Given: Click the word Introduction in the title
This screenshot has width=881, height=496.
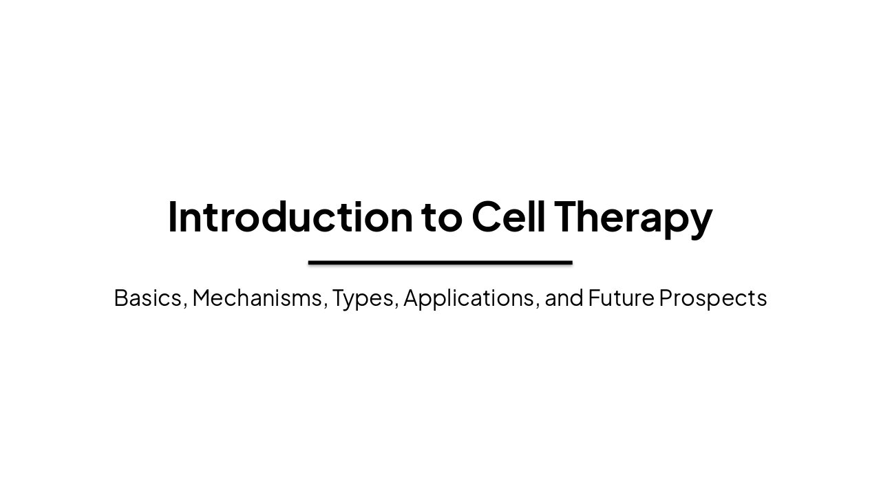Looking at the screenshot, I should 290,216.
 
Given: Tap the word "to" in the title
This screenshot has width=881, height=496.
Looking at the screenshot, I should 442,216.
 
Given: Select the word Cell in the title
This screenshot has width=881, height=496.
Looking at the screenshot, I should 509,216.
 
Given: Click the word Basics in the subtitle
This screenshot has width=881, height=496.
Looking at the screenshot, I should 147,298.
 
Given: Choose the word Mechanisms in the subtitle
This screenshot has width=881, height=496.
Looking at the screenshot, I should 257,298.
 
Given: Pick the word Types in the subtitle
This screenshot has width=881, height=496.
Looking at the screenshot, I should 363,298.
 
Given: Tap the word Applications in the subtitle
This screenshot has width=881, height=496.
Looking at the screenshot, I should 469,298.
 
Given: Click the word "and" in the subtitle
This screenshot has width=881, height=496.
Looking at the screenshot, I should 564,298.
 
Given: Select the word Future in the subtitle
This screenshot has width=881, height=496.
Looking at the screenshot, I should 621,298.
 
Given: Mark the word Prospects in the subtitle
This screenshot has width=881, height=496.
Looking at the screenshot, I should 712,298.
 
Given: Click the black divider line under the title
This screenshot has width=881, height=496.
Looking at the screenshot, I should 440,262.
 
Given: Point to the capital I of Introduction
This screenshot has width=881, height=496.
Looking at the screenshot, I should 172,216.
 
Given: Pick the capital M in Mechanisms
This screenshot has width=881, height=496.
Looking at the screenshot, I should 204,298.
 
